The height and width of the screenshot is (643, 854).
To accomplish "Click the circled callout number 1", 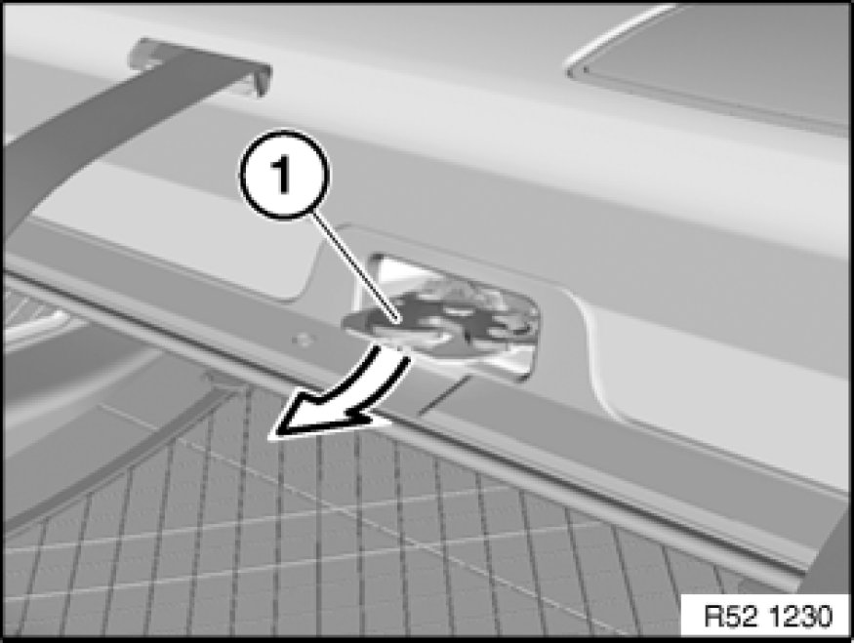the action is (284, 176).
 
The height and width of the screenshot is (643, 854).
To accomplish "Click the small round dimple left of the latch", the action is (303, 341).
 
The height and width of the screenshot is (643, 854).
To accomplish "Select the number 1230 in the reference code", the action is (801, 617).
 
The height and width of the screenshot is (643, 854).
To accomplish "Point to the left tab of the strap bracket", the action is (140, 55).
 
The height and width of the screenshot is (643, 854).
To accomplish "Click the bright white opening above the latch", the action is (396, 270).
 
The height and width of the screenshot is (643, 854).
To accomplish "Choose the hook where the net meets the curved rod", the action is (221, 382).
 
